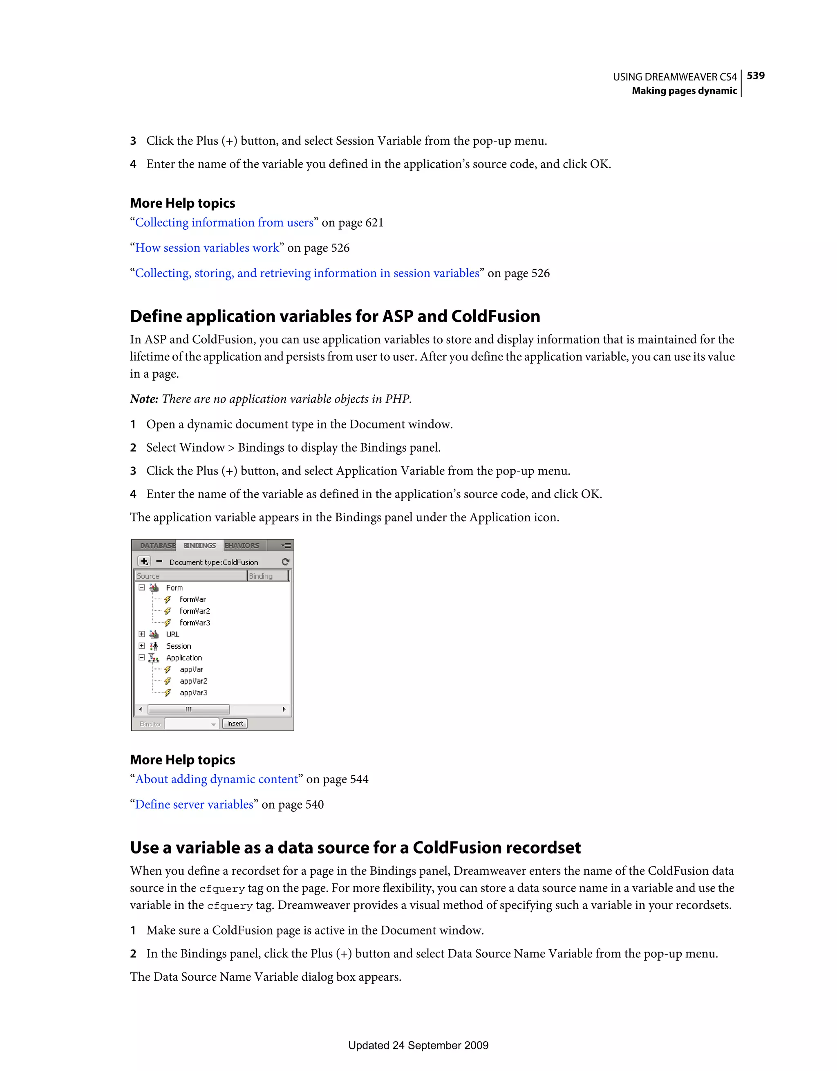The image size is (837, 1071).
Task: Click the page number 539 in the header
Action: click(755, 76)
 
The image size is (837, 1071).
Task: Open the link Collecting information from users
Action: click(224, 223)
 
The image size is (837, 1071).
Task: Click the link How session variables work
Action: click(207, 248)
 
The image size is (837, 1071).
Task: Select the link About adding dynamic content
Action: click(216, 779)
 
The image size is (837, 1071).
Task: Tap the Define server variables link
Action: click(194, 805)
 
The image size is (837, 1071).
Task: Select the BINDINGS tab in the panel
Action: click(199, 545)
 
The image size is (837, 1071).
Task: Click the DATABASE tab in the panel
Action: click(157, 545)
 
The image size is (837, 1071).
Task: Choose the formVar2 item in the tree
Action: click(195, 611)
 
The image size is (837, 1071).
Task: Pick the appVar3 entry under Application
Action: click(193, 693)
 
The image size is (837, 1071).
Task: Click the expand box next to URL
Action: click(142, 634)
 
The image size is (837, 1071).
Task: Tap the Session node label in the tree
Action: click(179, 646)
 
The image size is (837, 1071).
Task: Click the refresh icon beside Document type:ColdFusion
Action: click(285, 562)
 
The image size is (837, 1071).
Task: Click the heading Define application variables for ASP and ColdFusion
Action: click(335, 316)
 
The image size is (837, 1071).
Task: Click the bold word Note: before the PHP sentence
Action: click(144, 399)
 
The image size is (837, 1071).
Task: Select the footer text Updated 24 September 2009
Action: click(418, 1046)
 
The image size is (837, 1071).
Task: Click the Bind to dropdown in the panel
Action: click(191, 724)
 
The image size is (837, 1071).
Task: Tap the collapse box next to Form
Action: click(142, 587)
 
